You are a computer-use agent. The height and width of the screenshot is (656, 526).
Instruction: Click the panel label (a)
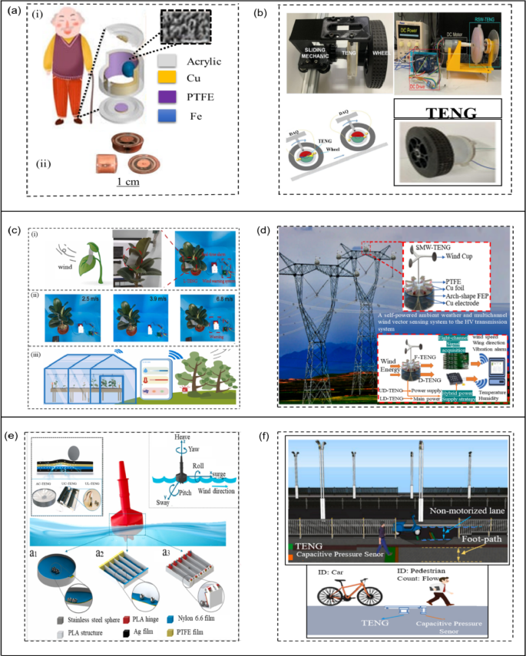coord(12,12)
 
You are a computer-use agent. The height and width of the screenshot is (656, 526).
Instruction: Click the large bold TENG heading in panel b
coord(442,108)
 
